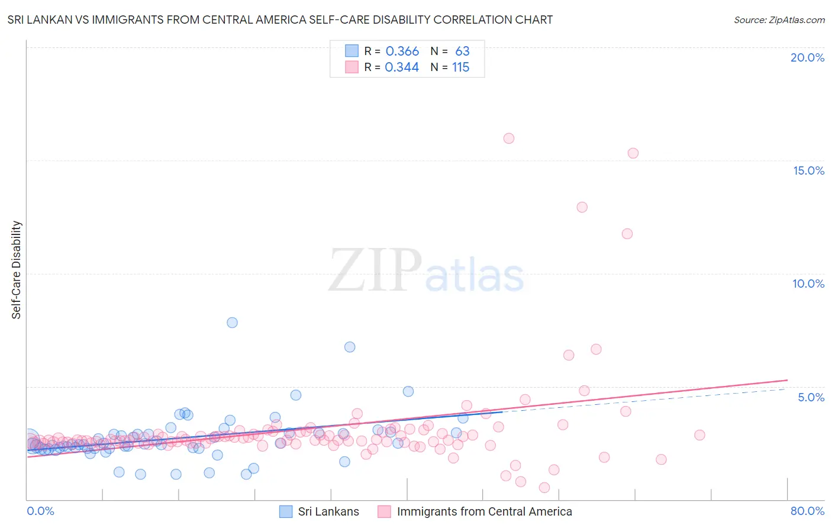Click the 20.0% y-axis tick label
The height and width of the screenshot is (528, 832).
tap(807, 57)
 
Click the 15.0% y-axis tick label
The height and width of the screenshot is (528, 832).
tap(808, 170)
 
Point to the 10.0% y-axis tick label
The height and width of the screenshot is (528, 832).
tap(808, 284)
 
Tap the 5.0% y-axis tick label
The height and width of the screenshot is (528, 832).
tap(811, 397)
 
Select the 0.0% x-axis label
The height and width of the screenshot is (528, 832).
tap(40, 511)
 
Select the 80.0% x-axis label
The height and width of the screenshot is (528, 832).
tap(807, 511)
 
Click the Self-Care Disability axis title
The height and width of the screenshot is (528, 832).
tap(17, 270)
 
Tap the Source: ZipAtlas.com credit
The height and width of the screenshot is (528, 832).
tap(779, 20)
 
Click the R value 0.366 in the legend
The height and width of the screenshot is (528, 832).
tap(402, 51)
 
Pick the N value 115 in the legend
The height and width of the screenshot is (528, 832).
tap(460, 67)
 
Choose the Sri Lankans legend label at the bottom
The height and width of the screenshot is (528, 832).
tap(328, 511)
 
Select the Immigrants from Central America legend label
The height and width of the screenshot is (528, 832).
tap(484, 511)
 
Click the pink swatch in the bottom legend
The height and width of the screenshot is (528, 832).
tap(384, 511)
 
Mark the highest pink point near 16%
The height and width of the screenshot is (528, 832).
tap(509, 139)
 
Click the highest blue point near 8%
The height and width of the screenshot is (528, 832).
tap(232, 323)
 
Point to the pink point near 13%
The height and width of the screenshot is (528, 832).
tap(582, 207)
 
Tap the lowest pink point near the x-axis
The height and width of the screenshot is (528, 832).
tap(544, 488)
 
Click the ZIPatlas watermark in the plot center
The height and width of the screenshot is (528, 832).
tap(426, 271)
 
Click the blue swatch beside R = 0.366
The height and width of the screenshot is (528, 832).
tap(351, 51)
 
